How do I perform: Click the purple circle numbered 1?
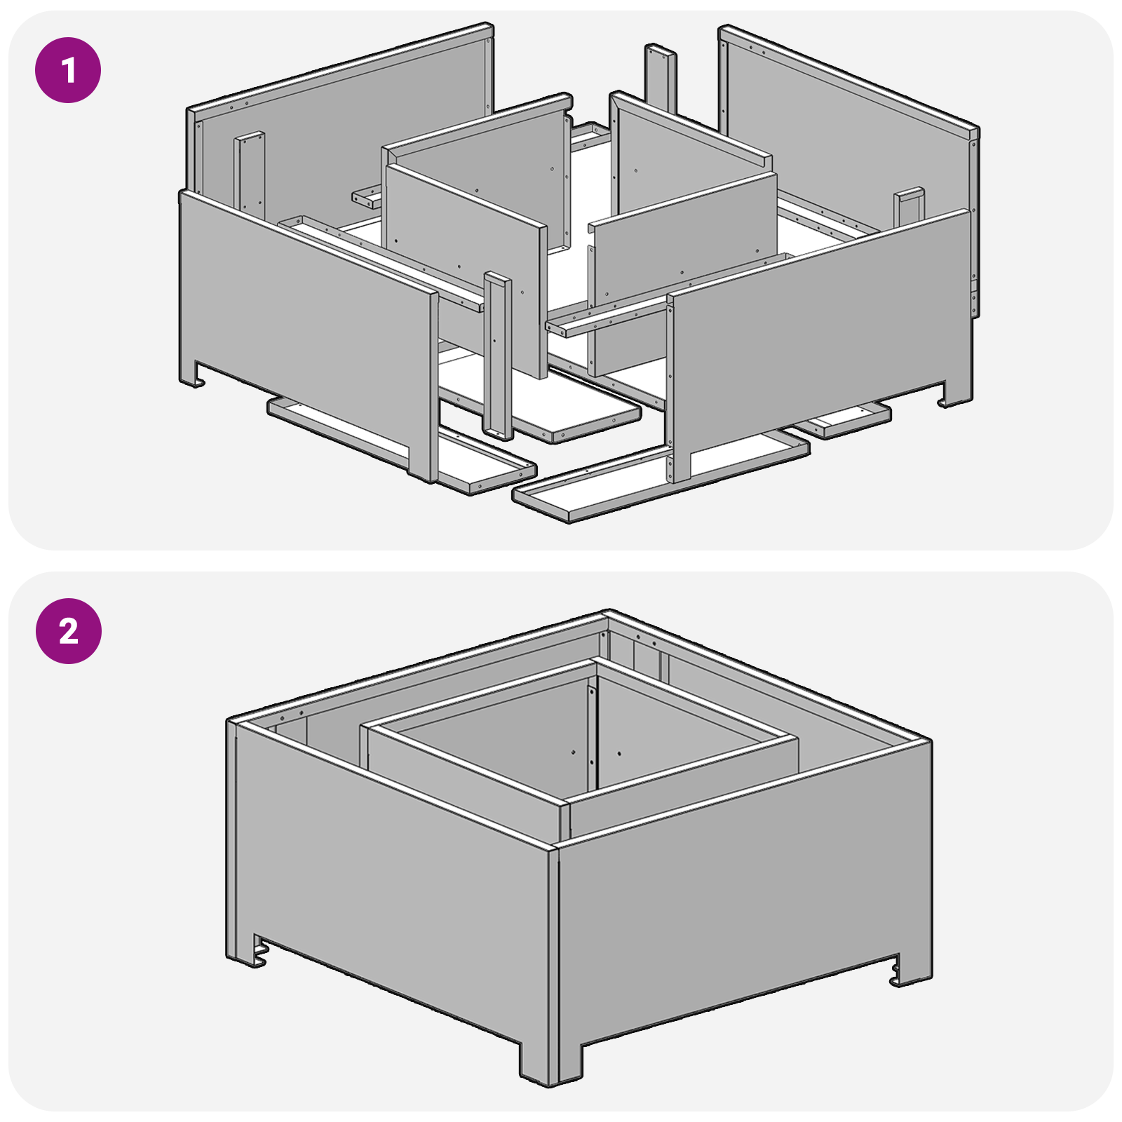pyautogui.click(x=68, y=70)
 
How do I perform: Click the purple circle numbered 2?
pyautogui.click(x=68, y=631)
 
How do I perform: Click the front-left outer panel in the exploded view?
pyautogui.click(x=302, y=323)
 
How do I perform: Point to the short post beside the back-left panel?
pyautogui.click(x=250, y=172)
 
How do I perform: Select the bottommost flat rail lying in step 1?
pyautogui.click(x=659, y=484)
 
